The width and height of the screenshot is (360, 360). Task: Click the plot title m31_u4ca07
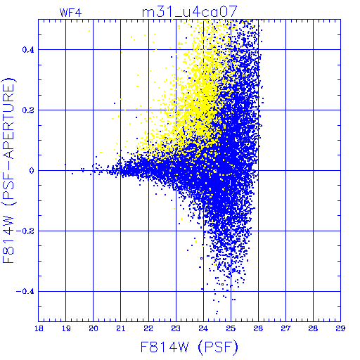pyautogui.click(x=190, y=12)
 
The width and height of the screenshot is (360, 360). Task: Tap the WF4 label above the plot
pyautogui.click(x=70, y=13)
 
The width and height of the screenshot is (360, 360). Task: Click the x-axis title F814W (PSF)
pyautogui.click(x=189, y=347)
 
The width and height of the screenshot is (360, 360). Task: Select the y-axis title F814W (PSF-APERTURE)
pyautogui.click(x=8, y=170)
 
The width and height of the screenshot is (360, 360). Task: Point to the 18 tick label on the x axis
pyautogui.click(x=39, y=328)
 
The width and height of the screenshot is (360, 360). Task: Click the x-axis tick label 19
pyautogui.click(x=66, y=328)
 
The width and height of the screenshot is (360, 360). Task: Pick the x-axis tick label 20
pyautogui.click(x=94, y=328)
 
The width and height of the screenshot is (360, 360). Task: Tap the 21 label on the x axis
pyautogui.click(x=121, y=328)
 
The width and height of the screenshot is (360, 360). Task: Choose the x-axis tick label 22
pyautogui.click(x=148, y=328)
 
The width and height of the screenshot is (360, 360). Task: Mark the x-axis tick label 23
pyautogui.click(x=176, y=328)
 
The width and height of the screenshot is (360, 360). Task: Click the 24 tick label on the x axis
pyautogui.click(x=203, y=328)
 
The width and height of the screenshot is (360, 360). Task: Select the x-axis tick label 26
pyautogui.click(x=258, y=328)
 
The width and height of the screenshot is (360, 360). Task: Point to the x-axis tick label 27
pyautogui.click(x=285, y=328)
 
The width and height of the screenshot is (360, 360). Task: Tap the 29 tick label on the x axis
pyautogui.click(x=340, y=328)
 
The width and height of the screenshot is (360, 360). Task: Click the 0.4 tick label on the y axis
pyautogui.click(x=28, y=50)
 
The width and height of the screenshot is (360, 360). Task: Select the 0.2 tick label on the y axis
pyautogui.click(x=28, y=110)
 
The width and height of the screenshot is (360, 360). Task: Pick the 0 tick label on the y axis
pyautogui.click(x=32, y=171)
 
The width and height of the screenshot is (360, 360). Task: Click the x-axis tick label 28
pyautogui.click(x=313, y=328)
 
